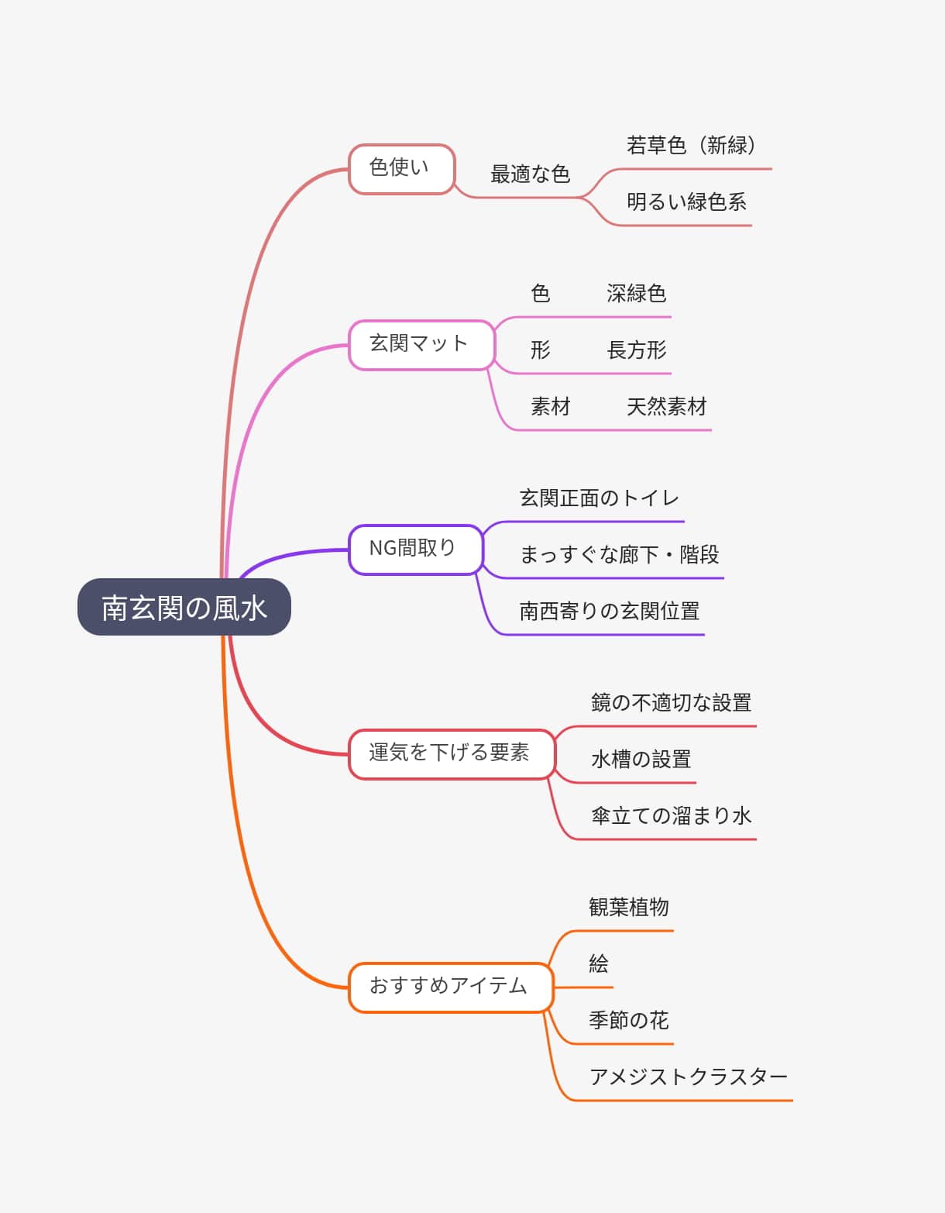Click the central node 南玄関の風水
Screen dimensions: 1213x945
[184, 607]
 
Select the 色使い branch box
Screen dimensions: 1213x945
[400, 168]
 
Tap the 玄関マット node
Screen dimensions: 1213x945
[421, 344]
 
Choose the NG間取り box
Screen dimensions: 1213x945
[414, 549]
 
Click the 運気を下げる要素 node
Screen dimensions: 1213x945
[451, 753]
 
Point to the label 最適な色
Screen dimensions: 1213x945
[530, 174]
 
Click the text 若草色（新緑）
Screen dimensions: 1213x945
[691, 146]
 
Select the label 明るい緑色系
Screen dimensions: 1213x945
[686, 202]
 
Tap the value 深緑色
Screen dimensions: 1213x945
[636, 294]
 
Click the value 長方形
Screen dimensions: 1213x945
[636, 350]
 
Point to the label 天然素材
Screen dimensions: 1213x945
[666, 407]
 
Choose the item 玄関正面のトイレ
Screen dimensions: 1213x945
[599, 498]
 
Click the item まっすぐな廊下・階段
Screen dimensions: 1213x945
[619, 555]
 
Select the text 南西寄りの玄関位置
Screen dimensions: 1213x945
[609, 612]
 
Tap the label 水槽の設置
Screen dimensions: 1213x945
[641, 760]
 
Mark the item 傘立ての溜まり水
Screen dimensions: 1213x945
[671, 816]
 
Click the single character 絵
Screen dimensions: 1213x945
[599, 964]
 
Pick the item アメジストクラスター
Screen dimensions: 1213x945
[688, 1077]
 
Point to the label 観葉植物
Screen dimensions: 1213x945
[628, 908]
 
